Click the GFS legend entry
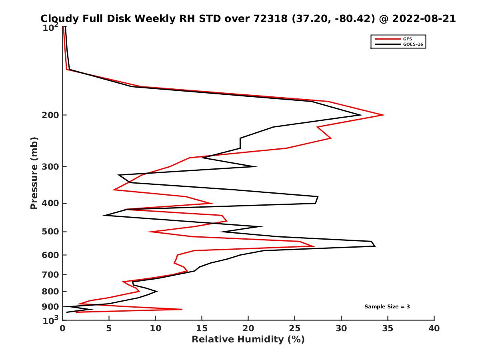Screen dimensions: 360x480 pos(408,39)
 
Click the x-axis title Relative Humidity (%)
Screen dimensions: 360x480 pos(248,340)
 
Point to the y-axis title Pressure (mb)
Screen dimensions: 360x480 pos(34,173)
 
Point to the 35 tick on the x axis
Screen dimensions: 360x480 pos(388,329)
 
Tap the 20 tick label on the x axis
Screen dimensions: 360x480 pos(248,329)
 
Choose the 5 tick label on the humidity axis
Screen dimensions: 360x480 pos(109,329)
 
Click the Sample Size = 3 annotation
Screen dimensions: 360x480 pos(387,307)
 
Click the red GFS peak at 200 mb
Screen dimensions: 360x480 pos(384,115)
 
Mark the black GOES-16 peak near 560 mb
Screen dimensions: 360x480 pos(374,246)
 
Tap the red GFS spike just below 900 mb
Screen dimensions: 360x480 pos(182,309)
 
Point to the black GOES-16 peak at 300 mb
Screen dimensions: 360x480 pos(256,166)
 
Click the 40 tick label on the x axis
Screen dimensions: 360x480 pos(434,329)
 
